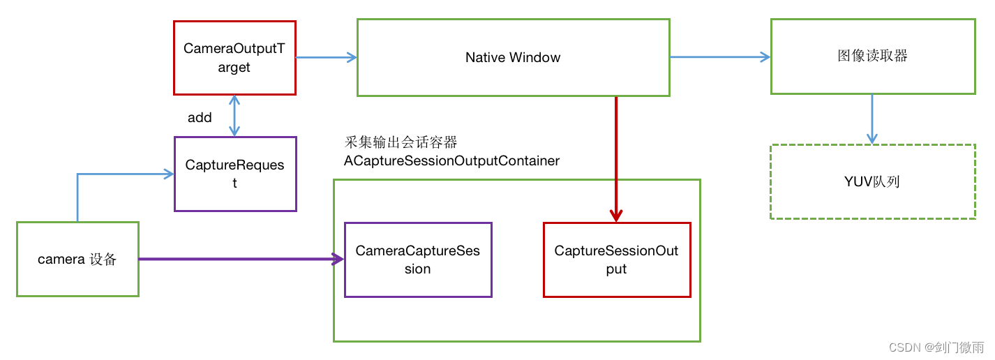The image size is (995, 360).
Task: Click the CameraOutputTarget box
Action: click(x=234, y=58)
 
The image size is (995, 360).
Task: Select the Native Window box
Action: click(x=513, y=57)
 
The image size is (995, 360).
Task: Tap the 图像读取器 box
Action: click(x=872, y=57)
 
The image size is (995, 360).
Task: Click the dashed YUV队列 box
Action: click(x=872, y=181)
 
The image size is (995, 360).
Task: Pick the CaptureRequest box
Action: click(x=234, y=174)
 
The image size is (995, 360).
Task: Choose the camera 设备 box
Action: click(x=77, y=260)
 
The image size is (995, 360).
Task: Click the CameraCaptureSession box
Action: click(x=418, y=260)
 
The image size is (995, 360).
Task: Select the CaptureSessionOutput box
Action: click(x=616, y=260)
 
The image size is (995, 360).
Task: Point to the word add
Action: click(x=200, y=117)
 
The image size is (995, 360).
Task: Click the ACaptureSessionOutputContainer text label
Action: click(x=451, y=160)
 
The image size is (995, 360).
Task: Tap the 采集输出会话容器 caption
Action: click(x=401, y=142)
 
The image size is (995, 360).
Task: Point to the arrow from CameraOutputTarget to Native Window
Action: click(x=326, y=58)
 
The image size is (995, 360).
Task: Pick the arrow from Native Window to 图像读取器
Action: click(x=719, y=57)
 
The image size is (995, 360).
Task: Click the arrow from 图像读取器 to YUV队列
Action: click(x=872, y=119)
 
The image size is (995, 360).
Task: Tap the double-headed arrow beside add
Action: click(x=234, y=116)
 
